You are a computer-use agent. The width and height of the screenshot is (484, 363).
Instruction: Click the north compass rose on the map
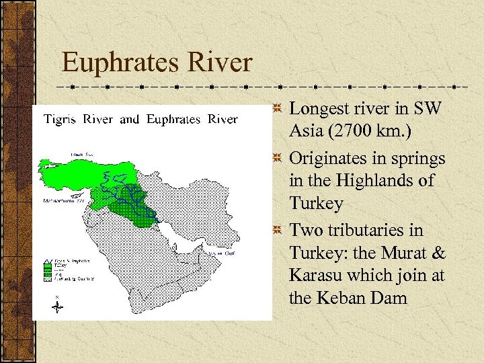coord(58,305)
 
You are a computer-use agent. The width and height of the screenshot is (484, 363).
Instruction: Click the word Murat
coord(405,252)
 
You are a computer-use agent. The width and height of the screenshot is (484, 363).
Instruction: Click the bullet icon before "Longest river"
coord(276,108)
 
